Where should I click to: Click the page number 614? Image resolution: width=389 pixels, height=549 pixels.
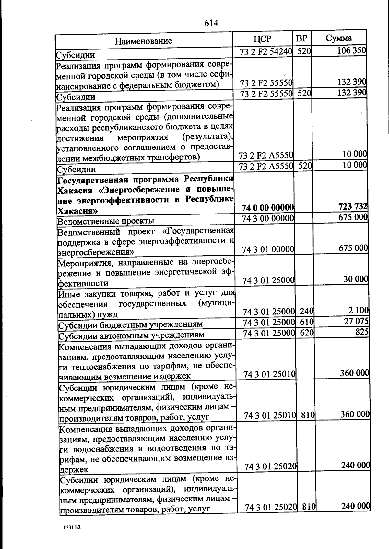coord(211,23)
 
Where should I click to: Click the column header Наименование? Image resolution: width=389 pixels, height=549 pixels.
coord(143,41)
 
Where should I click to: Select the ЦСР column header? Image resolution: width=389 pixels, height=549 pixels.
coord(263,39)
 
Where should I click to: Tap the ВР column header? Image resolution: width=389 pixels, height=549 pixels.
coord(302,38)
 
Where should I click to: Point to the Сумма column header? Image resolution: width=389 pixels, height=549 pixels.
coord(339,38)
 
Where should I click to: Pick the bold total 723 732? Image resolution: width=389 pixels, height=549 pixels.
coord(353,206)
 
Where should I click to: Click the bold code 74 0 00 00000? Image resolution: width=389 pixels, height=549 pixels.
coord(268,207)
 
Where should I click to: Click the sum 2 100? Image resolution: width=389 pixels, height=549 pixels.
coord(359,311)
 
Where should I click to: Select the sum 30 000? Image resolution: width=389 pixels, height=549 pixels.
coord(356,280)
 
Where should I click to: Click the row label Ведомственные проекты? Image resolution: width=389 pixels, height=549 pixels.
coord(106,222)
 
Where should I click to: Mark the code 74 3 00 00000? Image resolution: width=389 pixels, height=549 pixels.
coord(268,218)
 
